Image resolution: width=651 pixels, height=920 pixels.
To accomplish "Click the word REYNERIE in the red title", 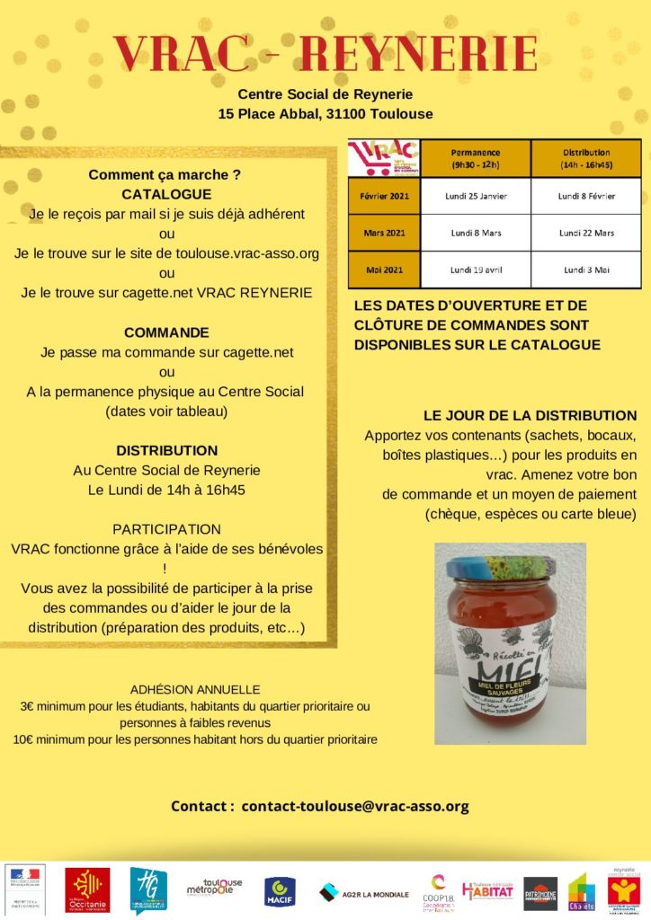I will (418, 54).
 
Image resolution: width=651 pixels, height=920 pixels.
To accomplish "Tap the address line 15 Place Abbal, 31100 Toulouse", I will (325, 114).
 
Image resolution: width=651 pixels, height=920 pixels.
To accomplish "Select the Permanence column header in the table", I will (476, 158).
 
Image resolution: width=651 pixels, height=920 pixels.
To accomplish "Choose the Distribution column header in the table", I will (586, 158).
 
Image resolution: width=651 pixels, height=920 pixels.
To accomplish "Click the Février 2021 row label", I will (385, 195).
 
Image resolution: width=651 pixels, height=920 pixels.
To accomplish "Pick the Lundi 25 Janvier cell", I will (476, 195).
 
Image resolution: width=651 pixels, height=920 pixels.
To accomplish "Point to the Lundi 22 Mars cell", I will (586, 233).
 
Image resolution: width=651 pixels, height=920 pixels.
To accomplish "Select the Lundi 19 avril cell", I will (476, 270).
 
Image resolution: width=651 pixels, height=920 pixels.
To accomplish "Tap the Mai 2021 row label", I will (385, 270).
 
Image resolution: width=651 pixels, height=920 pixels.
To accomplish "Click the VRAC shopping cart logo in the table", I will (384, 158).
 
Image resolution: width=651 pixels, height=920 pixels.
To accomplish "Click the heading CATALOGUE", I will (166, 194).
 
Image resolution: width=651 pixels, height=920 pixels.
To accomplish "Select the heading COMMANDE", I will (166, 332).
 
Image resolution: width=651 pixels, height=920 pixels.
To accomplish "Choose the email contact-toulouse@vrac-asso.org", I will (355, 806).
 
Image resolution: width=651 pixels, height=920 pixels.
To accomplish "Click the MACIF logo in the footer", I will (276, 890).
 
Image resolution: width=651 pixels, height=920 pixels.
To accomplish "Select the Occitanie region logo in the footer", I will (87, 889).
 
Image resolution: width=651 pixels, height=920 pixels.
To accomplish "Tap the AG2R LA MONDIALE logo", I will (364, 892).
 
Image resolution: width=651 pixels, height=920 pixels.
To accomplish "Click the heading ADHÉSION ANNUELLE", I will (195, 689).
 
